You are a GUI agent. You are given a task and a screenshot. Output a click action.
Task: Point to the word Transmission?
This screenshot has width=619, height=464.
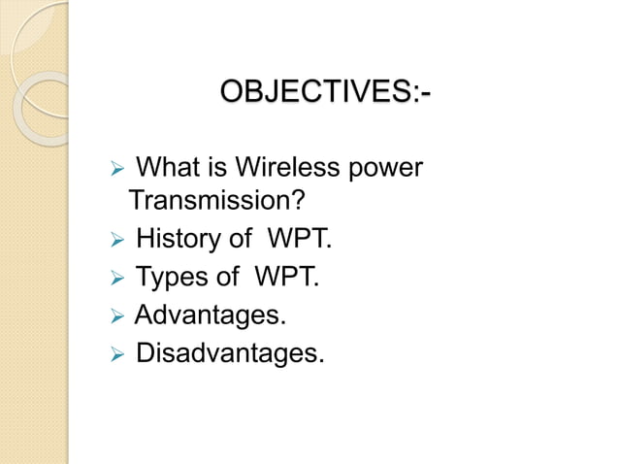click(x=217, y=202)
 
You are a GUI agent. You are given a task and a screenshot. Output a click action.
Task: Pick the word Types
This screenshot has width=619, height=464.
click(x=172, y=278)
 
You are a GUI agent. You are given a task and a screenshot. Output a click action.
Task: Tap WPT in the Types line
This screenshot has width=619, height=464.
click(x=285, y=278)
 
